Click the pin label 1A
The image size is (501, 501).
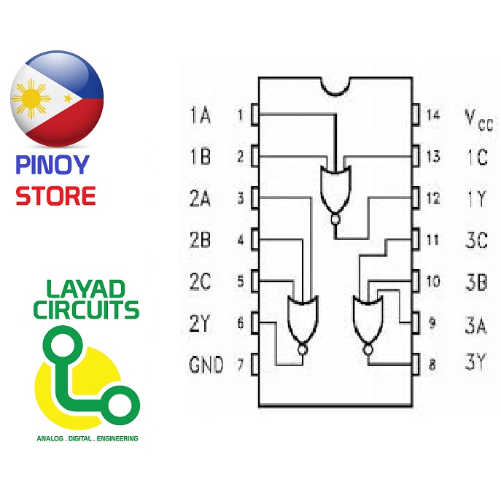[200, 115]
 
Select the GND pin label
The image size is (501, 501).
[206, 365]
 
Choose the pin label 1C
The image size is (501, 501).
[476, 156]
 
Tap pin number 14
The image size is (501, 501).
[434, 115]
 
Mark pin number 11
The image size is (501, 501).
[432, 239]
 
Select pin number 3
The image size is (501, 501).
[239, 198]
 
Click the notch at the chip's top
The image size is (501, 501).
[336, 85]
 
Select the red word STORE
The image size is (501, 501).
[56, 196]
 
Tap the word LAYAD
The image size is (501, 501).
[86, 288]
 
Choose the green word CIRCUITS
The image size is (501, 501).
[86, 311]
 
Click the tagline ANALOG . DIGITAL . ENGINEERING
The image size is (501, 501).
[87, 439]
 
